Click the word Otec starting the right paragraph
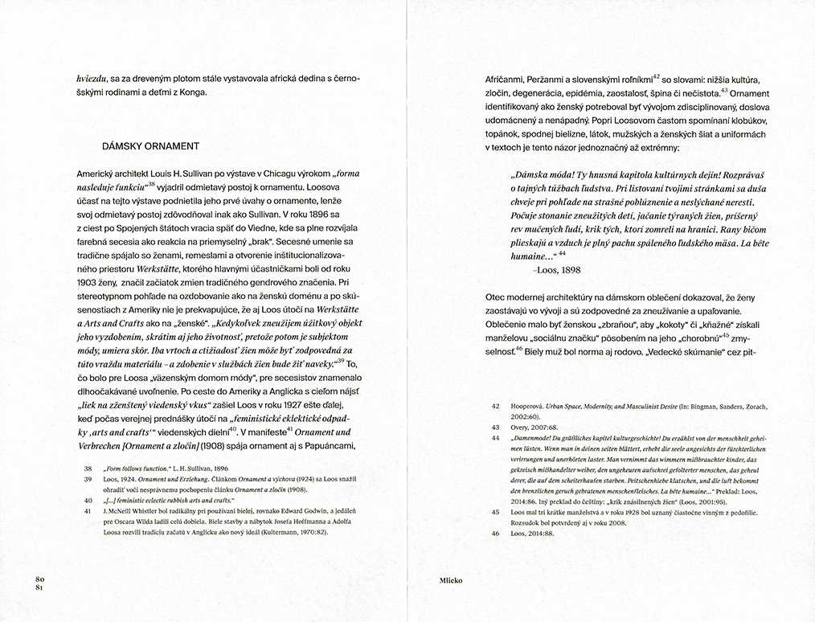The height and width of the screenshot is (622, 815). (496, 295)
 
